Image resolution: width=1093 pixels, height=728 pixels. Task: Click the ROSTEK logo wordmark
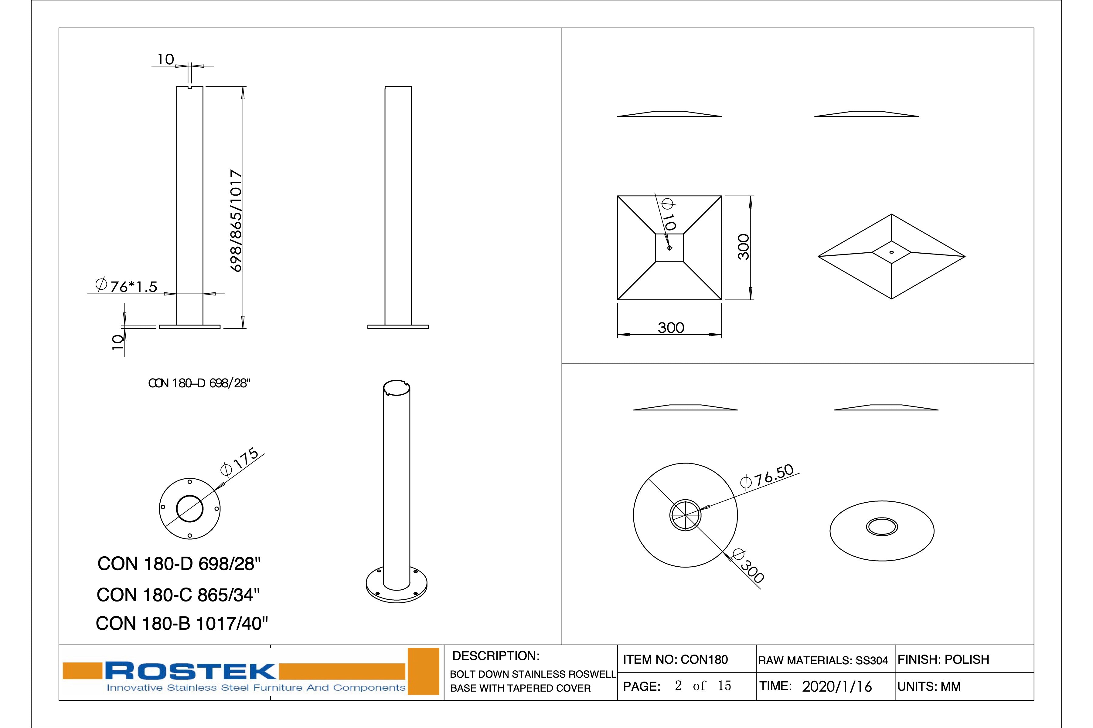pyautogui.click(x=191, y=671)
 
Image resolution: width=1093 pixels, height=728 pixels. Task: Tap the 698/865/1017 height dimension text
pyautogui.click(x=237, y=221)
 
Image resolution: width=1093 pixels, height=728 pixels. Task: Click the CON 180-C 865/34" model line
pyautogui.click(x=178, y=595)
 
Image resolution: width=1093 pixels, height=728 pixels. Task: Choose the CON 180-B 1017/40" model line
pyautogui.click(x=182, y=624)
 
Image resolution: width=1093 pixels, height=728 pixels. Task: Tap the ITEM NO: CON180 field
pyautogui.click(x=675, y=659)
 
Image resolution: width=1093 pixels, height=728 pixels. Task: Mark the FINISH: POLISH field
pyautogui.click(x=943, y=659)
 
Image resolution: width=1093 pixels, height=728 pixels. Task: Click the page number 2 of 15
pyautogui.click(x=703, y=686)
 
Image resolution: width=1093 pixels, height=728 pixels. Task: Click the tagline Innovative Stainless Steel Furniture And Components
pyautogui.click(x=256, y=688)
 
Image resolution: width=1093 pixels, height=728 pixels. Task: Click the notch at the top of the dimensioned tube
pyautogui.click(x=189, y=87)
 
